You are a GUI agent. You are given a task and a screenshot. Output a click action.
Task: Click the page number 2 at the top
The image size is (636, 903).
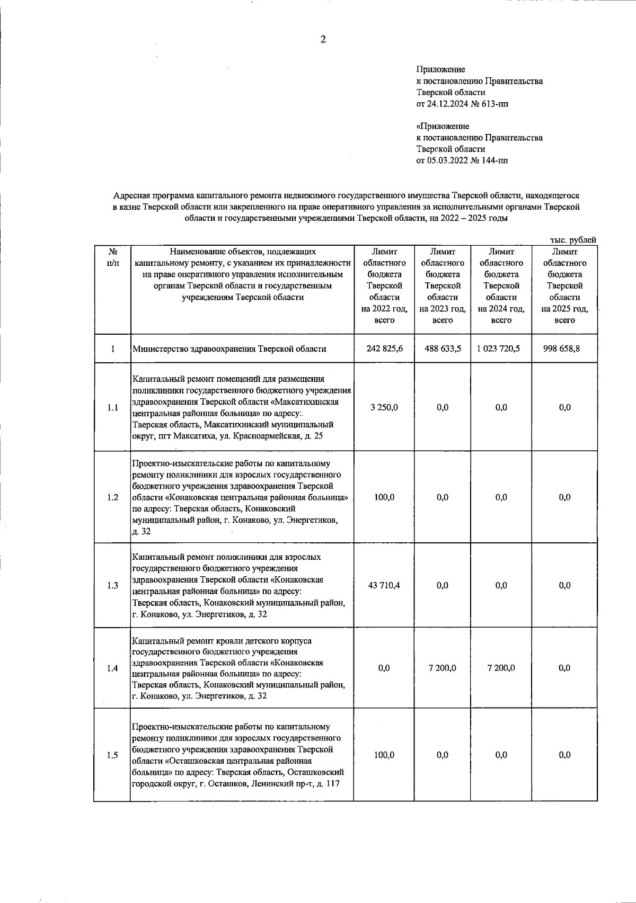click(323, 40)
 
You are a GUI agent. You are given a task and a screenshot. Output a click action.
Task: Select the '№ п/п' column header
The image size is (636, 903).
click(112, 257)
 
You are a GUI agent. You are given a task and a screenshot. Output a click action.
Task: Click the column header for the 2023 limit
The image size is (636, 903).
click(442, 286)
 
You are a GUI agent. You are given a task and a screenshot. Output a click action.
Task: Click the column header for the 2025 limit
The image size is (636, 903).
click(564, 286)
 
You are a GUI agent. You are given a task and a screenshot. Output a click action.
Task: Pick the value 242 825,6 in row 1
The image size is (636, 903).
click(384, 348)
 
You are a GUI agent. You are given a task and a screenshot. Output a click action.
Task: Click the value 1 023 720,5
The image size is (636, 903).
click(501, 348)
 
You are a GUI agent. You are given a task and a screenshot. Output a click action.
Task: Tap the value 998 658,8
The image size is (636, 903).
click(564, 348)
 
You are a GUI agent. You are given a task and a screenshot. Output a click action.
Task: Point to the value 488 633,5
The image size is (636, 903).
click(443, 348)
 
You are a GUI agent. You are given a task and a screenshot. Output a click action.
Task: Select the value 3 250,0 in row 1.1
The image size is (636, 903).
click(384, 407)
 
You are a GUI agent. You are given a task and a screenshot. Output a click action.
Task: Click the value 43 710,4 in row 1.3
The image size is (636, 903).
click(384, 585)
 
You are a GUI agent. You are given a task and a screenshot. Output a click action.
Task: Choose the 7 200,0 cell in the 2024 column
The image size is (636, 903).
click(501, 668)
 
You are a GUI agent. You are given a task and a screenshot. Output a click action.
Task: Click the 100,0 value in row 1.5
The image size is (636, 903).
click(384, 755)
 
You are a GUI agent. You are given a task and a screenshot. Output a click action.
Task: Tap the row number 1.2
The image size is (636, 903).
click(112, 497)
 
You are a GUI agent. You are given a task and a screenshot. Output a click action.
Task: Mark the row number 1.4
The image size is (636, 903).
click(112, 668)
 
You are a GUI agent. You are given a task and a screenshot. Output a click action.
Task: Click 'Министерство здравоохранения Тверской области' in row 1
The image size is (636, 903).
click(229, 349)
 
